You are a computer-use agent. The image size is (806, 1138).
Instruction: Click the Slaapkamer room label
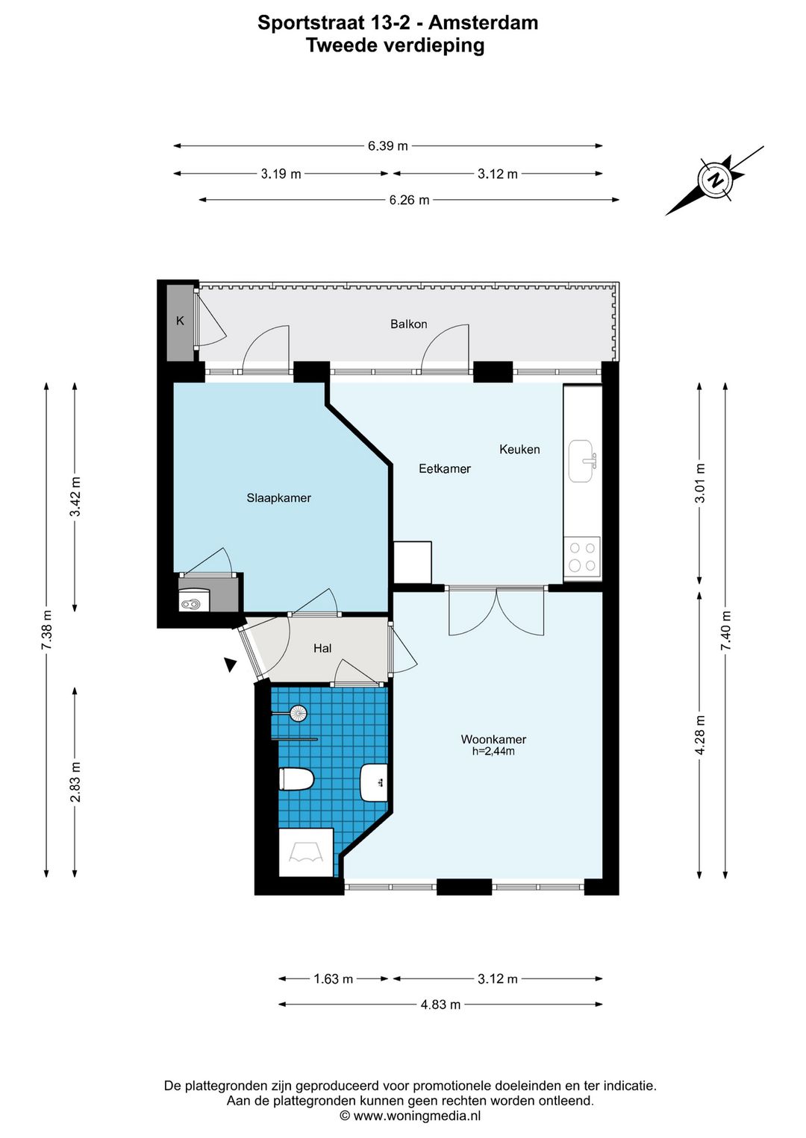[278, 498]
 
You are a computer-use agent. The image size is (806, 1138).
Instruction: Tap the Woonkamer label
[493, 739]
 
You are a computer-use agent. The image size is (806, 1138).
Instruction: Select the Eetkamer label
[445, 468]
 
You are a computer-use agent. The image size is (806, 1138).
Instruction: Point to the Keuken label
[519, 449]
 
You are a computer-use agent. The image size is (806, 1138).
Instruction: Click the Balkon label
[408, 324]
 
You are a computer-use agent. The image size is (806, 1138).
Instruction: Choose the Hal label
[322, 648]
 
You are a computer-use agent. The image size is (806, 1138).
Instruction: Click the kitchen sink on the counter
[582, 461]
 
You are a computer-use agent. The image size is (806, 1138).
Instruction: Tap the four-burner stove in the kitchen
[582, 556]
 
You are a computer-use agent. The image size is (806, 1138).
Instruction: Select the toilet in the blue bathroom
[296, 779]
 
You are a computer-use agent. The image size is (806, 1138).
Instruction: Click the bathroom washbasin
[374, 782]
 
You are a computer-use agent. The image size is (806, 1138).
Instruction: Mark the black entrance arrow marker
[231, 664]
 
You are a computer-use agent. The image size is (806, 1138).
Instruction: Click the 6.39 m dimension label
[387, 146]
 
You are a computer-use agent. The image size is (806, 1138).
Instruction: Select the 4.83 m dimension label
[440, 1005]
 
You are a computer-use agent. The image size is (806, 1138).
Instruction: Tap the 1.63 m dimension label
[333, 978]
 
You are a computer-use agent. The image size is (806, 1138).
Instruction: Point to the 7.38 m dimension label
[47, 629]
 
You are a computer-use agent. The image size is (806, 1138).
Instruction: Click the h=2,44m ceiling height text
[493, 751]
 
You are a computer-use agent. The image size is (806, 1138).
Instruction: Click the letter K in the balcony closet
[180, 321]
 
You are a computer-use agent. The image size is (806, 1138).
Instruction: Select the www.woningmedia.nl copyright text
[410, 1116]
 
